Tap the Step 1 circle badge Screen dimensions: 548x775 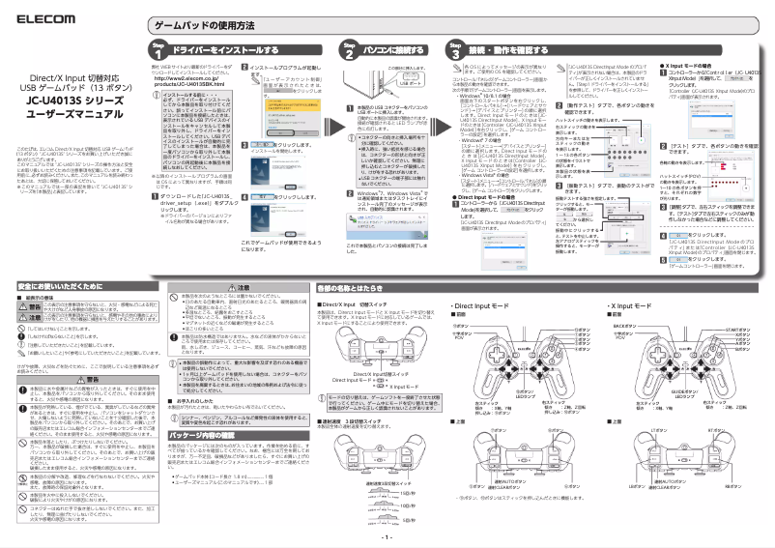(159, 49)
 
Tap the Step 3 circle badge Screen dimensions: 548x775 (455, 49)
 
